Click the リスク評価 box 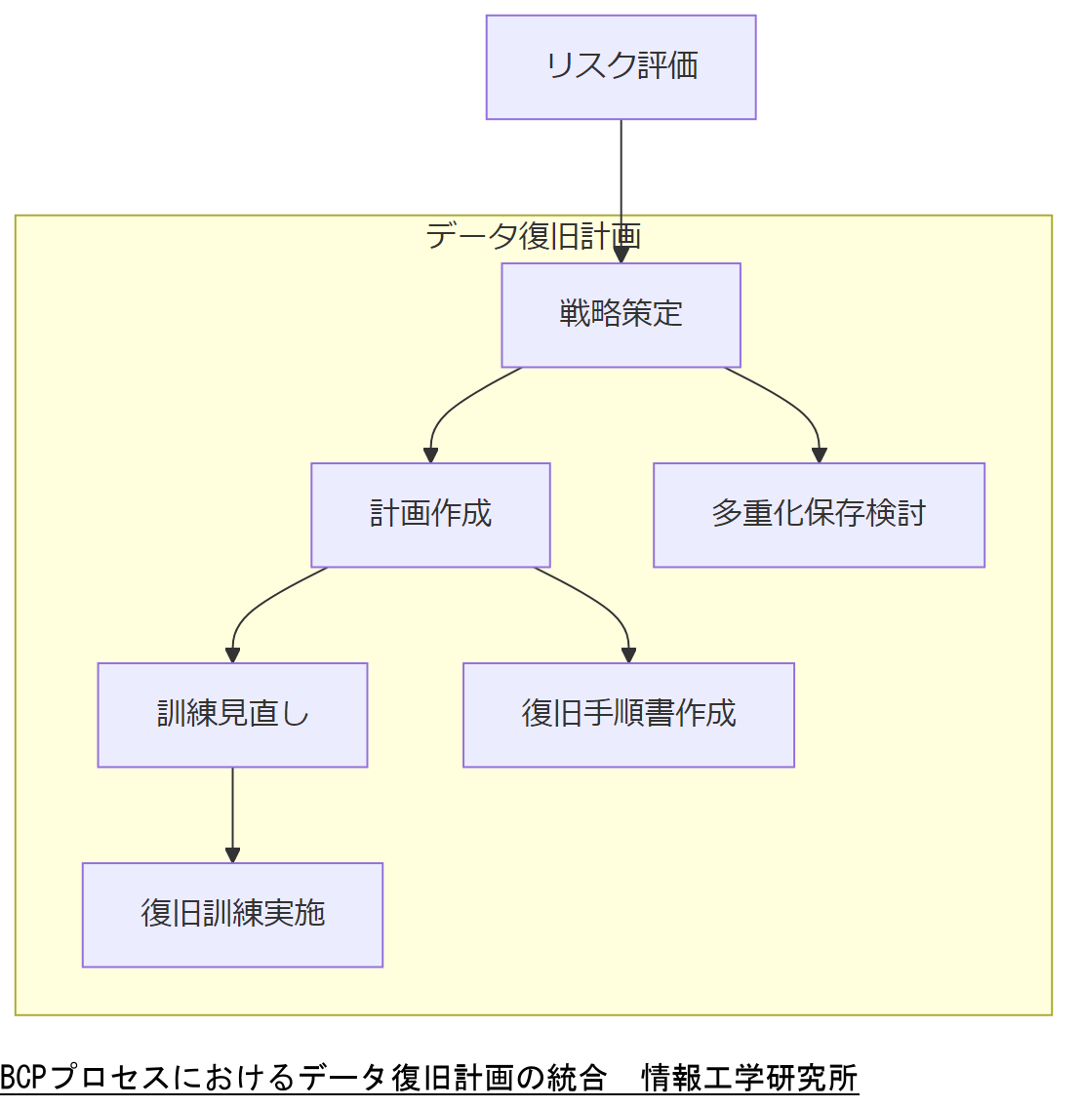point(621,67)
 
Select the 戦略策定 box point(621,315)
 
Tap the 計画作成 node point(430,515)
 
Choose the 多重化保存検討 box point(819,515)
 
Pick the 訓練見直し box point(232,715)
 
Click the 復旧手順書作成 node point(628,715)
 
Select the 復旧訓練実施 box point(232,915)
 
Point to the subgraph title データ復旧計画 point(533,236)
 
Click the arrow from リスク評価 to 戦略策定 point(621,185)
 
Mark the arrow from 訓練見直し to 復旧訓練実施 point(232,814)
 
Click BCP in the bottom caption point(23,1078)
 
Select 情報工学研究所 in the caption point(749,1078)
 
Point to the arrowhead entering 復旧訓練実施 point(232,855)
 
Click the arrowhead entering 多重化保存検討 point(819,455)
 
